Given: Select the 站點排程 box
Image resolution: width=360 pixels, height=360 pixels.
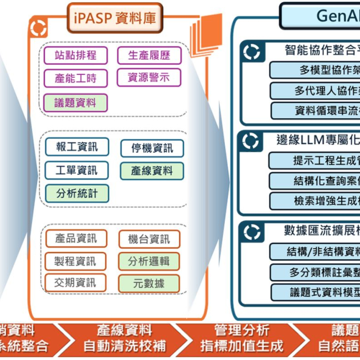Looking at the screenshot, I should [75, 55].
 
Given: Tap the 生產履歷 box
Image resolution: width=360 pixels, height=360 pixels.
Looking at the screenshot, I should [149, 55].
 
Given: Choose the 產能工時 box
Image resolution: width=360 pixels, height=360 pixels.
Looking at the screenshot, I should [75, 79].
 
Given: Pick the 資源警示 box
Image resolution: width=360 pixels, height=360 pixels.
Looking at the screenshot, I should [149, 78].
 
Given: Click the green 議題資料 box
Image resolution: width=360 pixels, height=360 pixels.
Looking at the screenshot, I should [75, 102].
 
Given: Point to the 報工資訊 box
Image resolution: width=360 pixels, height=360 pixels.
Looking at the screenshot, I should [76, 147].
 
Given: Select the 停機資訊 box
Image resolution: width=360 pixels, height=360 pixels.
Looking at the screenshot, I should [152, 148].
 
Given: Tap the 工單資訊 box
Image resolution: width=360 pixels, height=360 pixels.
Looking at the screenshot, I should [76, 170].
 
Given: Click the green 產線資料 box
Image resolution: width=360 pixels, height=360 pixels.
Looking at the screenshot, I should [152, 171].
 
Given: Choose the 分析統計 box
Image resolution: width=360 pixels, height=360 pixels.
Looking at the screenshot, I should [76, 193].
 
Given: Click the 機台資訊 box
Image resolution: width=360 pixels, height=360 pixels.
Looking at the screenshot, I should [149, 239].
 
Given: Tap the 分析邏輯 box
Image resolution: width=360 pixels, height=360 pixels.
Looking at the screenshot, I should [149, 261].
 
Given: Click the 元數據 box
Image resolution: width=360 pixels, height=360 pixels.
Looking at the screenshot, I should [149, 284].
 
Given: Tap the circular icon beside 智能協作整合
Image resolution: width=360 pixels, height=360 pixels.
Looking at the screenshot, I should [252, 51].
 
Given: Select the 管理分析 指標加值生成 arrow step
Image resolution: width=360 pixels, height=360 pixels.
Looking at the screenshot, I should [242, 339].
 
